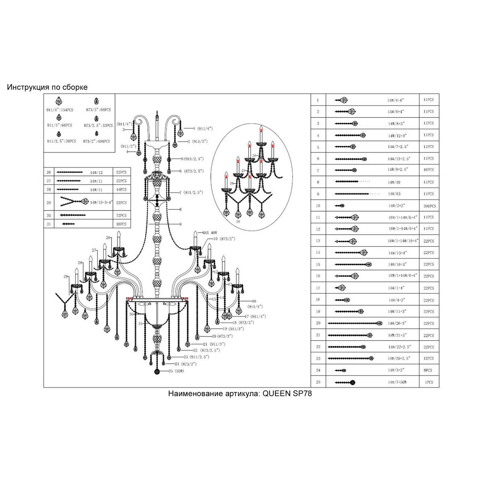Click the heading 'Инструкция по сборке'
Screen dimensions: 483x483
pos(47,87)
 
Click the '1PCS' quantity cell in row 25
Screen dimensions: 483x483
pos(427,382)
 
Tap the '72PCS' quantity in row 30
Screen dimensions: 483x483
pos(121,215)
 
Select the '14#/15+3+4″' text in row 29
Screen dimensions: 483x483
pos(101,202)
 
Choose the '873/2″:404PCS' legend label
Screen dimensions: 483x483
pos(97,141)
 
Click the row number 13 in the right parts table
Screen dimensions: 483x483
pos(318,241)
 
